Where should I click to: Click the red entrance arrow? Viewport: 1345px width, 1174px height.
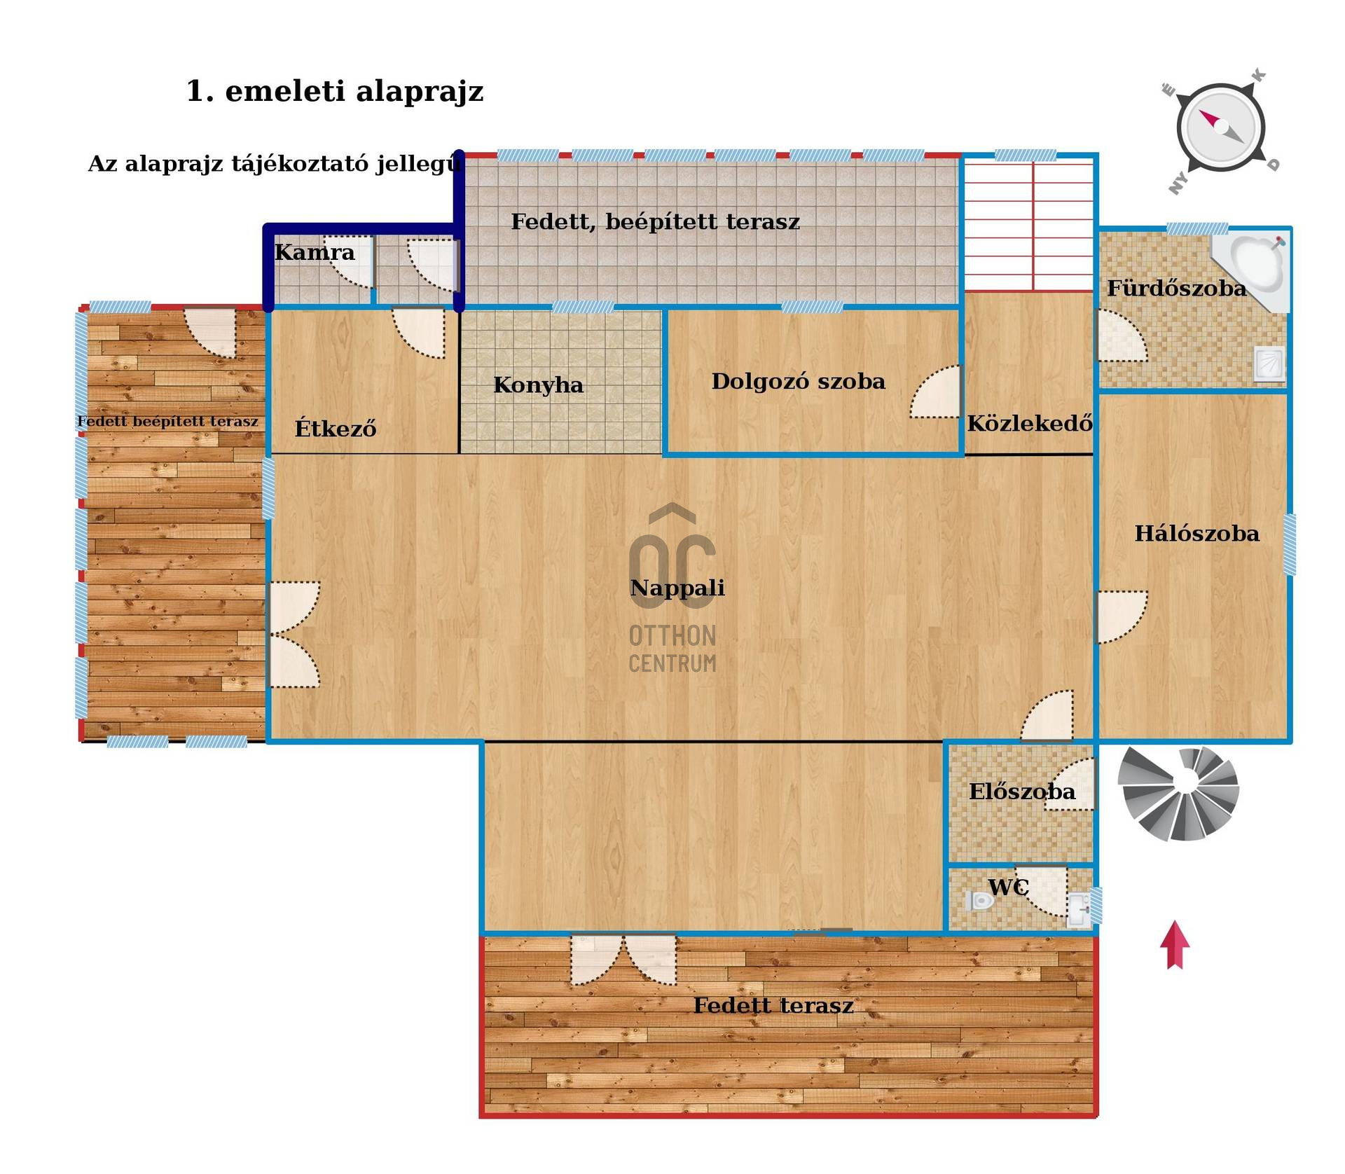coord(1175,945)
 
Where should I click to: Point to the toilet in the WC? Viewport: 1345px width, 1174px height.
coord(980,901)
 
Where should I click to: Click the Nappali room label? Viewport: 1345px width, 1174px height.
coord(677,588)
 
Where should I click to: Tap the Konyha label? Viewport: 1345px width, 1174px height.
coord(538,385)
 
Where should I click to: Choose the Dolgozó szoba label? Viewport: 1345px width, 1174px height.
coord(798,381)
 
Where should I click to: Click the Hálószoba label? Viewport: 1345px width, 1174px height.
coord(1196,534)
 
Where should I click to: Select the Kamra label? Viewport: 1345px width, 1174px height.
coord(315,252)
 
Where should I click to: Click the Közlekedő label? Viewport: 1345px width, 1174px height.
coord(1030,422)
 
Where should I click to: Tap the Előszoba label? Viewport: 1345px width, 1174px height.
coord(1021,792)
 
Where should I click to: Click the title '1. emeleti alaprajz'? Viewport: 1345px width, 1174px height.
coord(335,92)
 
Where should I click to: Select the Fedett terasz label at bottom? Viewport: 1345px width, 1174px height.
coord(773,1006)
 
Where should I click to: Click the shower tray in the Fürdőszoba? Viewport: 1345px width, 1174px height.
coord(1269,364)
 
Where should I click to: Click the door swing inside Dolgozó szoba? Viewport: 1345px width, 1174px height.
coord(935,392)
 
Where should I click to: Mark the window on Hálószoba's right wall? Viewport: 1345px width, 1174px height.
coord(1290,545)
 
